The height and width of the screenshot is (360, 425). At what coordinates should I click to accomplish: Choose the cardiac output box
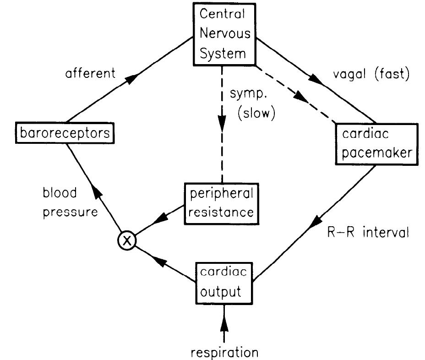pos(222,283)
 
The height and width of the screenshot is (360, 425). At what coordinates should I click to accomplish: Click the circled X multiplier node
pos(127,240)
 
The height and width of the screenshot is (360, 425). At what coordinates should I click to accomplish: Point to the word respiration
pos(224,352)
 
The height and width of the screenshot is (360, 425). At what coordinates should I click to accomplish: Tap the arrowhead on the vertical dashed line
pos(222,123)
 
